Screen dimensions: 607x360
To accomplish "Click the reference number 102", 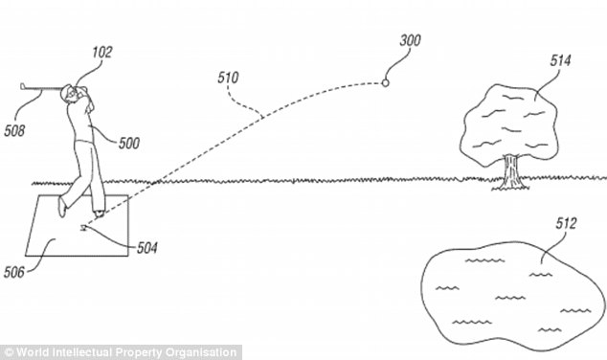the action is click(x=101, y=53).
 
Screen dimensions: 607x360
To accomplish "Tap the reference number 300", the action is click(x=411, y=40).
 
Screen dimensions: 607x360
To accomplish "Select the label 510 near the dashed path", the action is click(x=228, y=78).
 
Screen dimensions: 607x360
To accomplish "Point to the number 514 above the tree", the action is click(x=560, y=60).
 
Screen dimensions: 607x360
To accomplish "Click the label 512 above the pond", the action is click(x=566, y=223).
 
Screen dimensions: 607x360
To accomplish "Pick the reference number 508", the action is click(x=14, y=131).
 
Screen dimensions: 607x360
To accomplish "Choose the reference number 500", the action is click(x=129, y=144).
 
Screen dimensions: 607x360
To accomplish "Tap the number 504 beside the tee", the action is click(x=147, y=248).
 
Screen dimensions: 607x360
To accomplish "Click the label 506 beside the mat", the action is click(x=14, y=273).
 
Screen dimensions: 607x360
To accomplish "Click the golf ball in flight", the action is click(x=385, y=83).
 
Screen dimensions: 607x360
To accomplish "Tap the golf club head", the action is click(x=23, y=86).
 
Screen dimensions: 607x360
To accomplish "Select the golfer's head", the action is click(x=67, y=93).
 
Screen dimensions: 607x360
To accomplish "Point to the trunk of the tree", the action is click(x=510, y=171).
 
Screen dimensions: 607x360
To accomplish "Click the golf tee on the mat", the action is click(x=82, y=228).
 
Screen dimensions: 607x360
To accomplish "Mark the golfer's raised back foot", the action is click(x=61, y=207).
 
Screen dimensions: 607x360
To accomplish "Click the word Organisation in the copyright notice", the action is click(x=200, y=352).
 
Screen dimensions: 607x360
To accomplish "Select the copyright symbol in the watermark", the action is click(x=9, y=352).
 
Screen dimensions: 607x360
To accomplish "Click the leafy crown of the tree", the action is click(x=509, y=124).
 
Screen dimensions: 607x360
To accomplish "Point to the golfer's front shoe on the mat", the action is click(x=100, y=214).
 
